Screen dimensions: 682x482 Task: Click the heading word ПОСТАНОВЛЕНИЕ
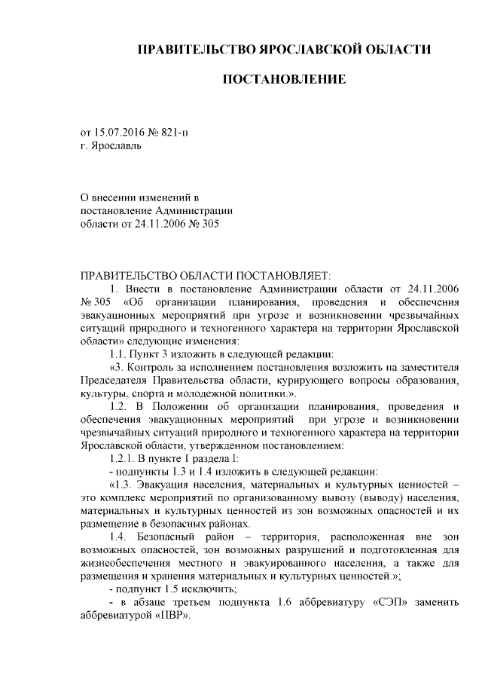click(284, 79)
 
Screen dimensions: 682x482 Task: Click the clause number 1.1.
click(121, 354)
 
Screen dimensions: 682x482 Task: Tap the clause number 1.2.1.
click(127, 458)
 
